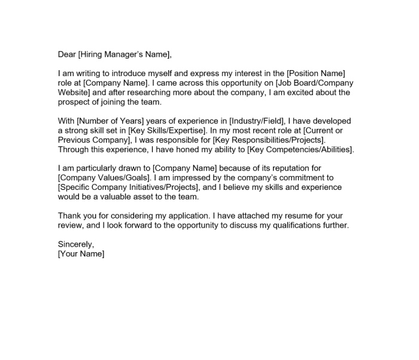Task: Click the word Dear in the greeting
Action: [67, 55]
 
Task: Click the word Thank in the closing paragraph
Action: [70, 216]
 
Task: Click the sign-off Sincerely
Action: [76, 244]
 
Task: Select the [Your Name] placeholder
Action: [81, 254]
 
